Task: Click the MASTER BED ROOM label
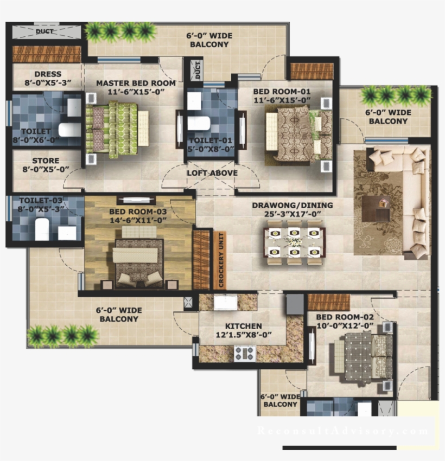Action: [136, 83]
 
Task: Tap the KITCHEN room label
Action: [244, 326]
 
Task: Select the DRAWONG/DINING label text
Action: [292, 206]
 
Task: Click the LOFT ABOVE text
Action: [212, 173]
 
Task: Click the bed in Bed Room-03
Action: [138, 258]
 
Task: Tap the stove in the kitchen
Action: [244, 353]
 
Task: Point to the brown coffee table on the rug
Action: [377, 208]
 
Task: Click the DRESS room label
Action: [48, 74]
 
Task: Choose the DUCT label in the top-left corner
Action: [44, 31]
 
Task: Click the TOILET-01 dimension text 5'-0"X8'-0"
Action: [210, 148]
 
